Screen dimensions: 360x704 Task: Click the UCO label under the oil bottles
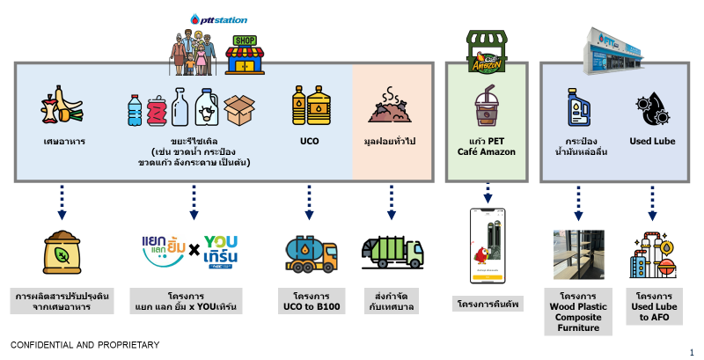[x=309, y=141]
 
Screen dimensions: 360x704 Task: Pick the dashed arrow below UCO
[x=309, y=201]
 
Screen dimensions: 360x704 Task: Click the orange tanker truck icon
[x=309, y=253]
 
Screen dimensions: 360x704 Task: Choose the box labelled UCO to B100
[x=309, y=300]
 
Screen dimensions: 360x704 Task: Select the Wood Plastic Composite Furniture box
[x=578, y=312]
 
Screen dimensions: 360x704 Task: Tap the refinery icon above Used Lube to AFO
[x=652, y=253]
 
